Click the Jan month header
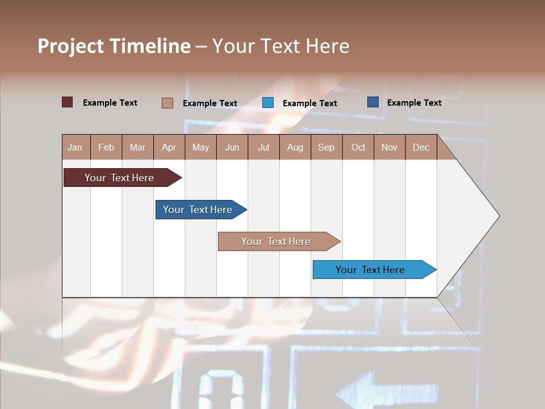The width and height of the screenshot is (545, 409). click(75, 147)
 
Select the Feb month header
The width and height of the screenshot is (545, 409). click(106, 147)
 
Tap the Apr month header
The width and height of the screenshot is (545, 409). click(169, 147)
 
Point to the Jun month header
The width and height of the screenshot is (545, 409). click(232, 147)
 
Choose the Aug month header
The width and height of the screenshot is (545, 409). click(295, 147)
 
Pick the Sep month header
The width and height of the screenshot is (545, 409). click(326, 147)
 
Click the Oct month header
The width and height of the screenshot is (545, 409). click(358, 147)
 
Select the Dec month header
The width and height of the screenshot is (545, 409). click(421, 147)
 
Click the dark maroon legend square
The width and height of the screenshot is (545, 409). click(68, 102)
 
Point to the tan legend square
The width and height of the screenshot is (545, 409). click(167, 103)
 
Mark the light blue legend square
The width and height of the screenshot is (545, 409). click(268, 103)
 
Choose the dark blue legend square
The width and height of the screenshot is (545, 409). click(373, 102)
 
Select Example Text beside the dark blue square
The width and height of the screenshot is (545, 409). click(414, 102)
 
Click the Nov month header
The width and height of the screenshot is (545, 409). click(389, 147)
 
